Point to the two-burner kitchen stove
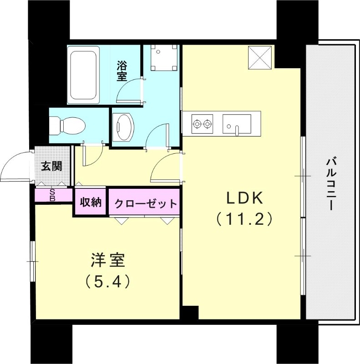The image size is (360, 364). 202,122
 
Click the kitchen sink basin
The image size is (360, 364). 236,123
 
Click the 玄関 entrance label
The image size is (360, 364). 51,166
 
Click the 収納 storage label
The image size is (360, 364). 91,202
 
